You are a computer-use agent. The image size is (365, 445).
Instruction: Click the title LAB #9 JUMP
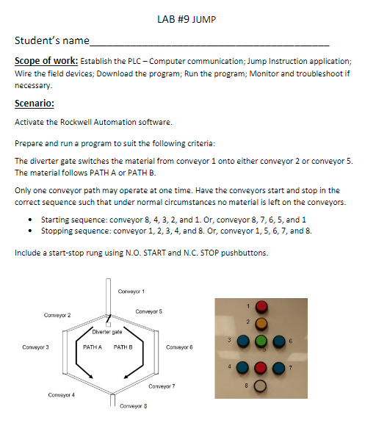click(181, 19)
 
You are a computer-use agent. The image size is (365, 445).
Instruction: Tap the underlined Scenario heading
click(35, 103)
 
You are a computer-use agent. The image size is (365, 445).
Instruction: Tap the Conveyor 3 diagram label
click(35, 346)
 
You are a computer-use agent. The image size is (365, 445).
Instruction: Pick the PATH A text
click(92, 346)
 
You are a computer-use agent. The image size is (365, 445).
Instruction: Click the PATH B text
click(123, 346)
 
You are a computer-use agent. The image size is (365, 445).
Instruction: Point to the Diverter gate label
click(107, 332)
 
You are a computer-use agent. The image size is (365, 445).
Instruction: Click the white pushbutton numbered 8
click(261, 385)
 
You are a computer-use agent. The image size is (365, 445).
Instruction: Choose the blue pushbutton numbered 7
click(279, 366)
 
